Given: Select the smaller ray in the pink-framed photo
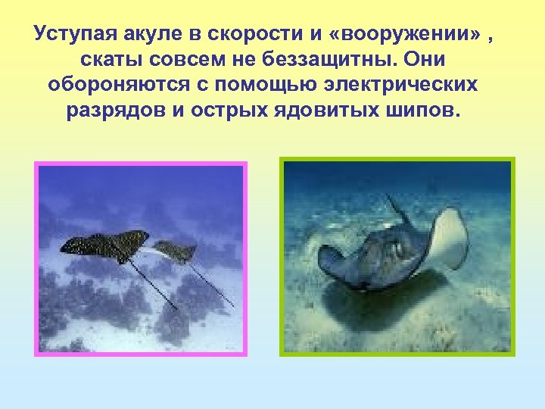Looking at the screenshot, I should [x=177, y=251].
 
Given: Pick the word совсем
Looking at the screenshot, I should [x=182, y=60].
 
